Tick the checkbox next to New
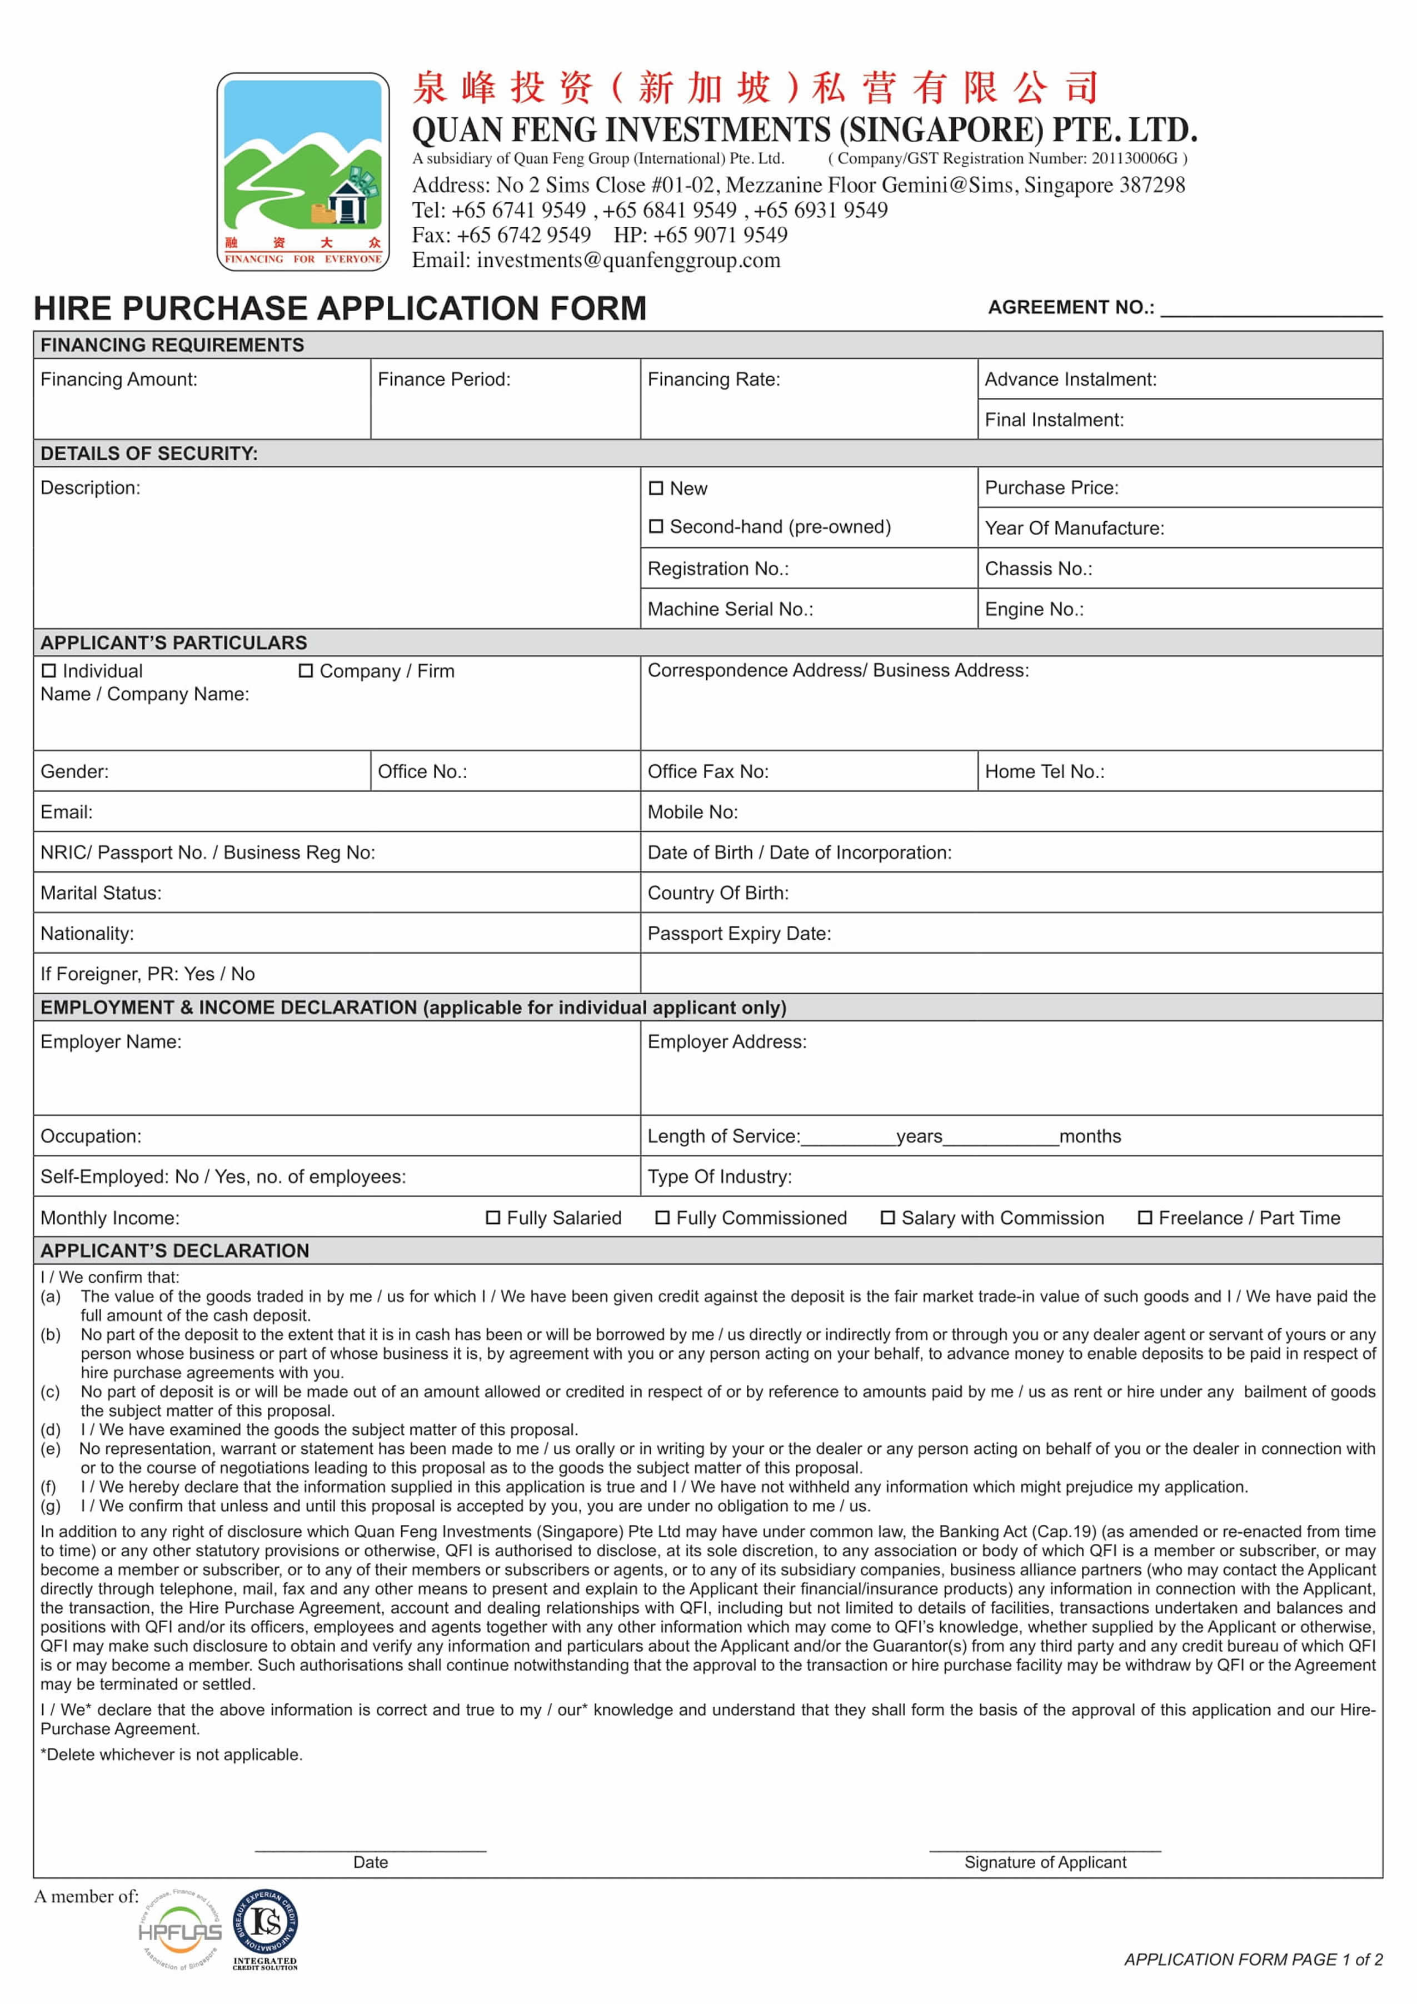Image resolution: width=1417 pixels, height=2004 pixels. (656, 489)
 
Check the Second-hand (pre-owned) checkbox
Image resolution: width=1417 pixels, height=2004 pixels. (656, 527)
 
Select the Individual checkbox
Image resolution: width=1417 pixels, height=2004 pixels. (49, 671)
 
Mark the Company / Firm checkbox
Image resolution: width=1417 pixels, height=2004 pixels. (306, 671)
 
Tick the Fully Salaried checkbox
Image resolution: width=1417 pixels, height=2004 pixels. (493, 1218)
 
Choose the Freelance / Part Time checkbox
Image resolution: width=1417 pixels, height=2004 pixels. (1145, 1218)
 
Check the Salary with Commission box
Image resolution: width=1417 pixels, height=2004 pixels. (887, 1218)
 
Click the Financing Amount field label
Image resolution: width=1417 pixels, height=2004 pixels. (119, 380)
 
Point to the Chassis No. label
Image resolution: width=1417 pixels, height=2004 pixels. (1039, 569)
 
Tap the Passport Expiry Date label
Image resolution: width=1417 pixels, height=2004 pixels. (739, 934)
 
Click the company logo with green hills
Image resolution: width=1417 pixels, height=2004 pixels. (303, 171)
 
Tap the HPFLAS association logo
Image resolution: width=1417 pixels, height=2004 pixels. (179, 1931)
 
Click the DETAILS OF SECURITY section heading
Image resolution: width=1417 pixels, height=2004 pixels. (149, 454)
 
